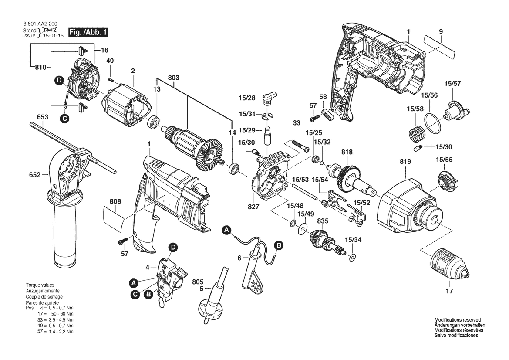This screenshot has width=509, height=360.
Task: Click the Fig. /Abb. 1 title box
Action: (x=88, y=32)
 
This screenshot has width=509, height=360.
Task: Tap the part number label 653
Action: (x=43, y=117)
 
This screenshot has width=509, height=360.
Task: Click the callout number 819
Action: (x=405, y=162)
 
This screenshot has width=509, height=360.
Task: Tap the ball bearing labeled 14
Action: (x=234, y=169)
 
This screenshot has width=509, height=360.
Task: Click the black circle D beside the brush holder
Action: (x=59, y=81)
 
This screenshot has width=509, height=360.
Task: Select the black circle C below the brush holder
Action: (x=64, y=119)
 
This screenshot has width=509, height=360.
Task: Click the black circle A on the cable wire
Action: (x=226, y=231)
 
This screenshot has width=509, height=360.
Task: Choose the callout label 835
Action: (x=323, y=221)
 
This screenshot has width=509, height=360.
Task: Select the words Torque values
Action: (x=40, y=285)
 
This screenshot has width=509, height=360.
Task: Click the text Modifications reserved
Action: (x=458, y=320)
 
